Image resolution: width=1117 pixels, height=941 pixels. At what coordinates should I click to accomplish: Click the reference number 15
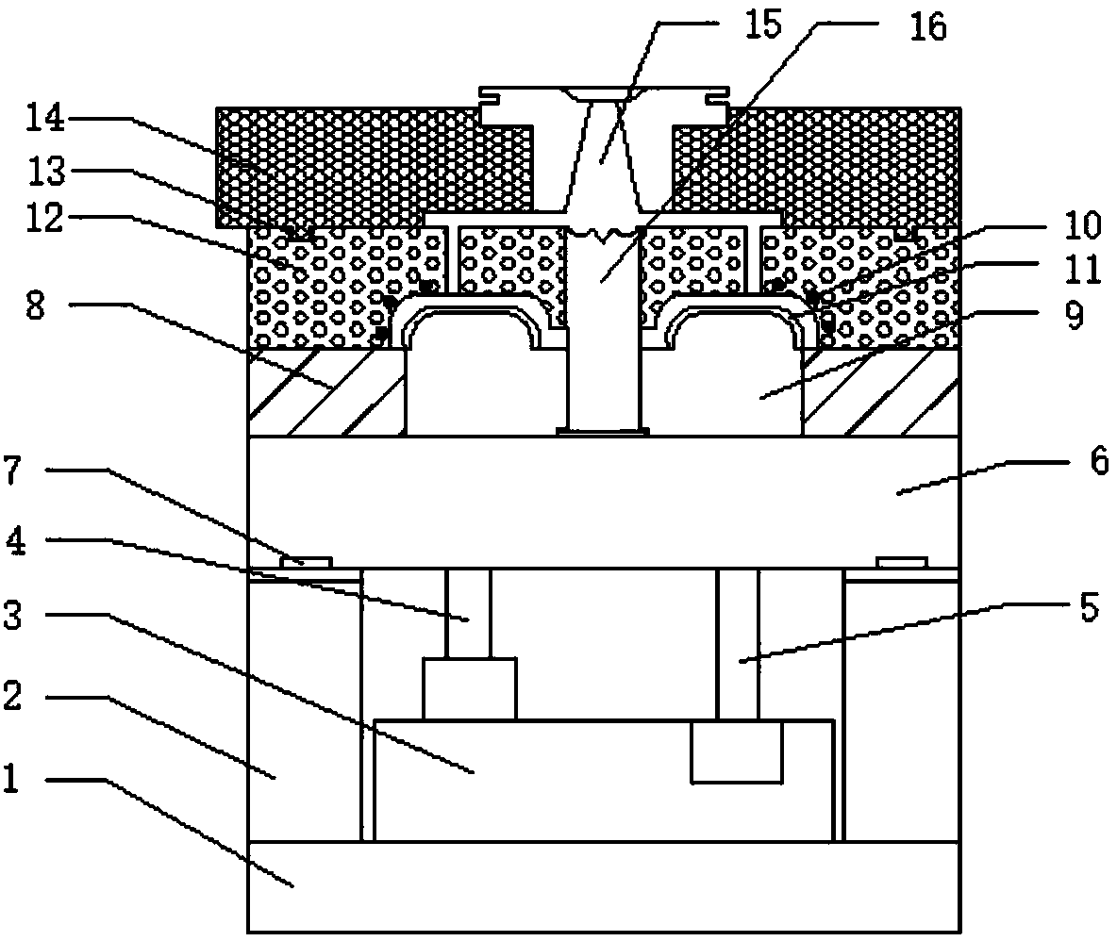tap(762, 25)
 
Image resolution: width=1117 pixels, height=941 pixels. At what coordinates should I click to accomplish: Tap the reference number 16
tap(928, 27)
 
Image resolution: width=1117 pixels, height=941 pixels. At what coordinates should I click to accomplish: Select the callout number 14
tap(45, 118)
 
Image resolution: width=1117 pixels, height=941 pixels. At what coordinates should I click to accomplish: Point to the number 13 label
tap(46, 171)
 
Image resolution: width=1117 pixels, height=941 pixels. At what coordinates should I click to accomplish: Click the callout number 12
tap(45, 219)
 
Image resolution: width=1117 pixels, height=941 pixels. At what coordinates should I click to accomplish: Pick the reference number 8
tap(36, 305)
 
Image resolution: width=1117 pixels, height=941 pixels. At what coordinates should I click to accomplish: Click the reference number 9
tap(1074, 315)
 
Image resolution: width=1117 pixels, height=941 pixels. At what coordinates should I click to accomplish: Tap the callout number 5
tap(1090, 608)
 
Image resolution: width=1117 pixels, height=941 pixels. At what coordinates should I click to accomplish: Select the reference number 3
tap(13, 615)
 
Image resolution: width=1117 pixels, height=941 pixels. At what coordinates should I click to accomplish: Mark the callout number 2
tap(13, 695)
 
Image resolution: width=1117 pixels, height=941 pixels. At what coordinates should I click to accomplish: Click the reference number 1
tap(10, 778)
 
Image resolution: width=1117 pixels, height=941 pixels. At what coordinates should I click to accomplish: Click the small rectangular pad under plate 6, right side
tap(902, 562)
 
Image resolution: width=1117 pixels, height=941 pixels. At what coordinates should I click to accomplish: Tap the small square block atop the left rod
tap(470, 688)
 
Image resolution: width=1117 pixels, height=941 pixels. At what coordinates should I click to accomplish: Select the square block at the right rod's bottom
tap(738, 751)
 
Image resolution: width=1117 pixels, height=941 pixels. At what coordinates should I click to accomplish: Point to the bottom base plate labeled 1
tap(604, 887)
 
